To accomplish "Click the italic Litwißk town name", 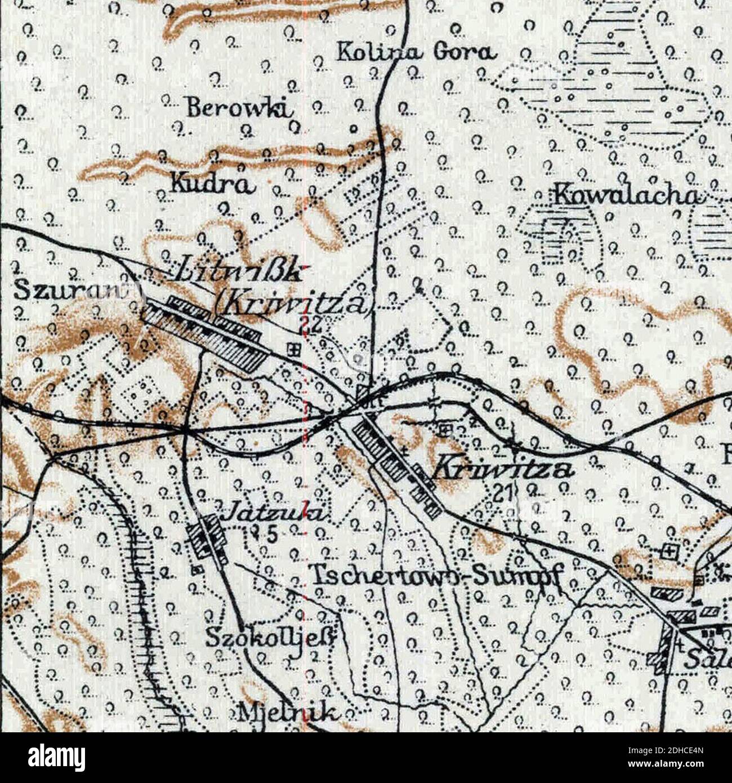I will click(237, 274).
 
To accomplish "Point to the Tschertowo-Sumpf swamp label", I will click(438, 575).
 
